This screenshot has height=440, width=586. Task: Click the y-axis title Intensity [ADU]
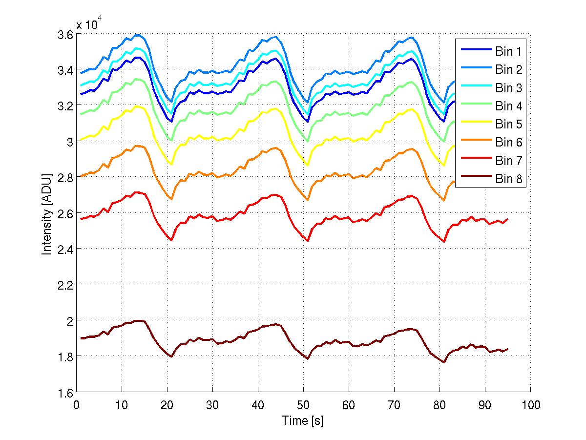(x=47, y=213)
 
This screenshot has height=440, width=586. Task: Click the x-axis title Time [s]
(x=302, y=421)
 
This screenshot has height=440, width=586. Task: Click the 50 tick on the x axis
(x=303, y=405)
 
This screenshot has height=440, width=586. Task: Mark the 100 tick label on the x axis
(x=530, y=405)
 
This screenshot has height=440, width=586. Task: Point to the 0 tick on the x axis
(x=76, y=405)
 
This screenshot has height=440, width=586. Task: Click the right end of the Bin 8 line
(x=508, y=349)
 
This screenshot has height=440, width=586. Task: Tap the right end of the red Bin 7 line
(x=508, y=219)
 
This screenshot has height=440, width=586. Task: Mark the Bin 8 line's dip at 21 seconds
(x=171, y=356)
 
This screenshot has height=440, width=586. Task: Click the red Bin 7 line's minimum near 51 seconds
(x=308, y=241)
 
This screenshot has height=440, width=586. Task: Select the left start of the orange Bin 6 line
(x=81, y=176)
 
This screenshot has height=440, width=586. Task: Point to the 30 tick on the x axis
(x=212, y=405)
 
